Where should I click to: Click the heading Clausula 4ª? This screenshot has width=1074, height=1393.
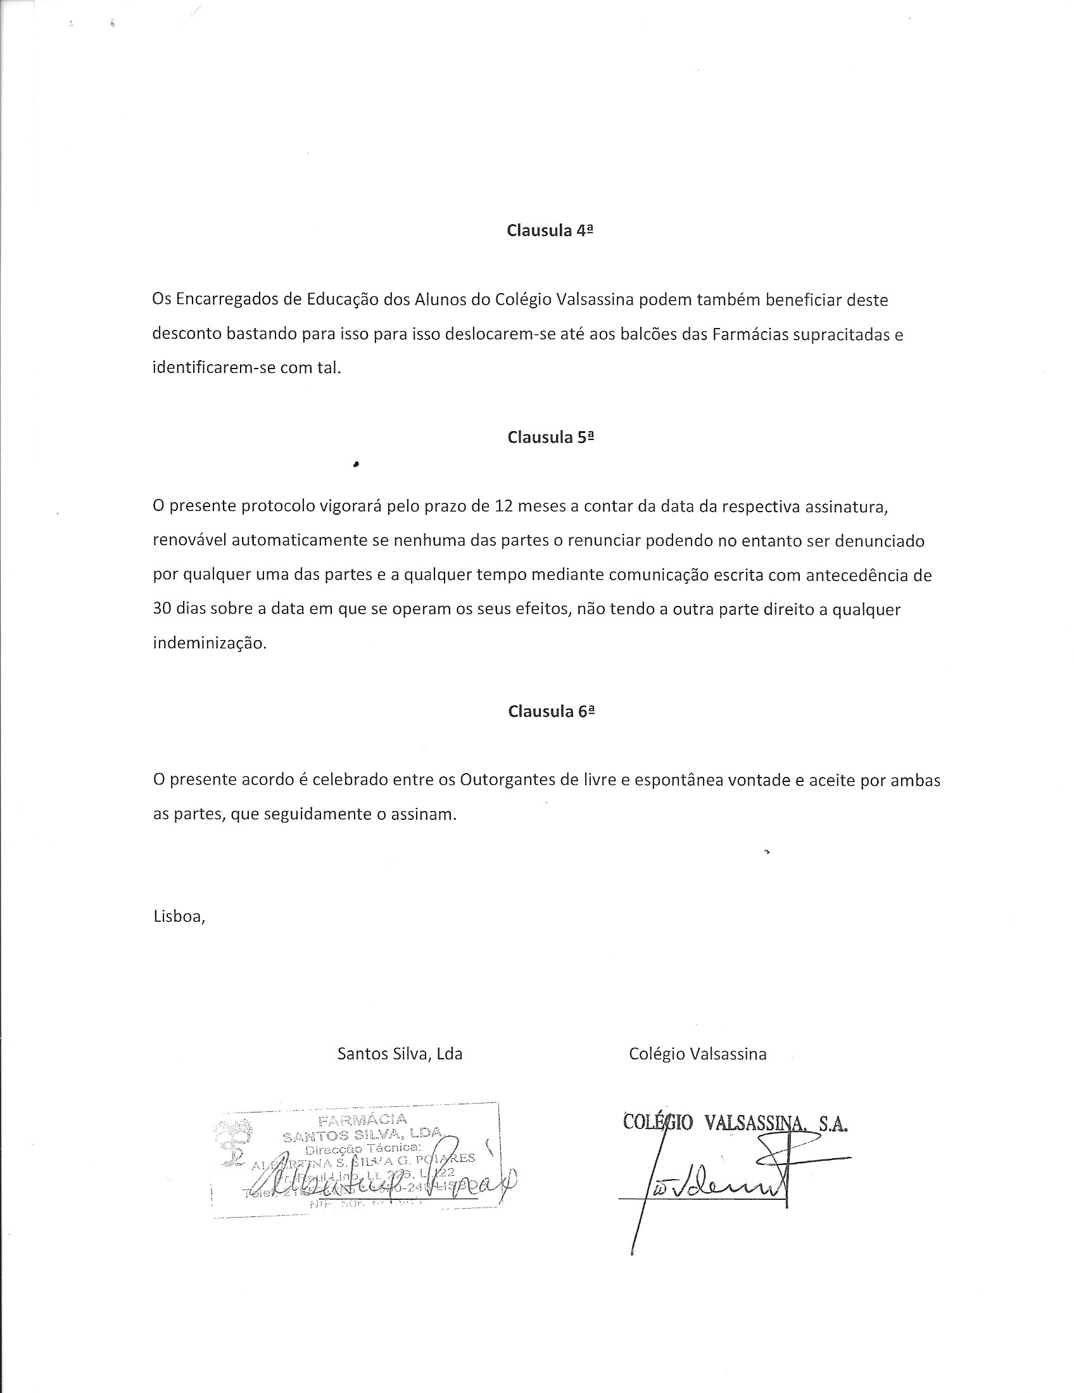click(x=550, y=231)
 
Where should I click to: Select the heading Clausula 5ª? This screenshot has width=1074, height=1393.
click(x=550, y=438)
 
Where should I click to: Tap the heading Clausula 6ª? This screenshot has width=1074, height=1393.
click(x=551, y=712)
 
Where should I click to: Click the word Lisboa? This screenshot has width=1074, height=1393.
click(x=178, y=917)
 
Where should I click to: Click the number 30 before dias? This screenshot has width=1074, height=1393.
click(x=162, y=610)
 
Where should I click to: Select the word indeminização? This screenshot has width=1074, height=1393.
click(x=209, y=643)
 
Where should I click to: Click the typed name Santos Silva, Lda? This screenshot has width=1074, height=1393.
click(x=400, y=1054)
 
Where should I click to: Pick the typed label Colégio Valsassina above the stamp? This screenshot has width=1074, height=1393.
click(x=697, y=1054)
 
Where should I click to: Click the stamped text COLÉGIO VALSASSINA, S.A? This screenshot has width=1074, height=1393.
click(x=735, y=1123)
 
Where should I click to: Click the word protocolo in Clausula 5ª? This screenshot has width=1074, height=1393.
click(x=278, y=507)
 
